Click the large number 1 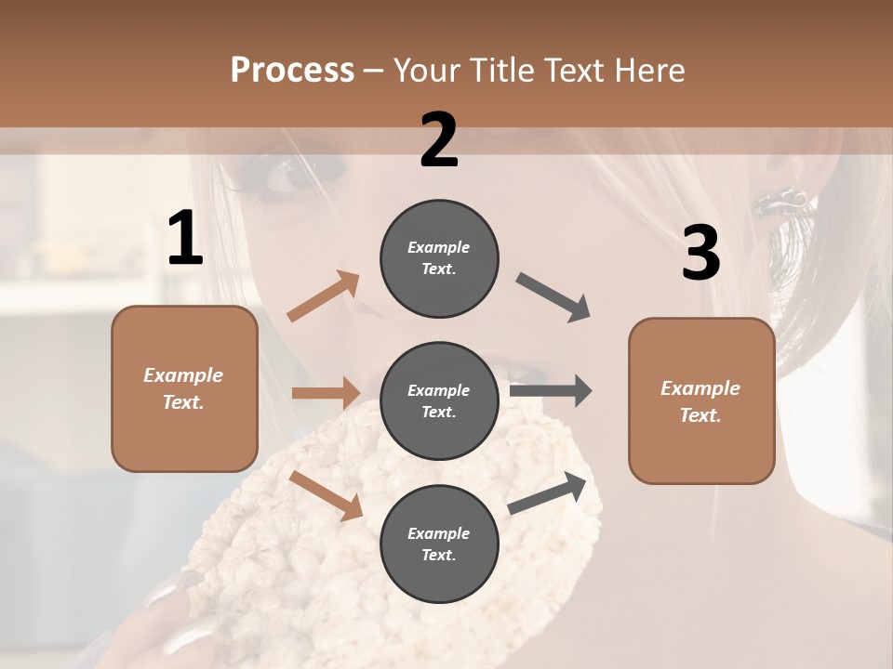[x=185, y=238]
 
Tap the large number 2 [x=439, y=140]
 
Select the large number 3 [x=700, y=254]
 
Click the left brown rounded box [x=184, y=388]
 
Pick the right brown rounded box [x=701, y=401]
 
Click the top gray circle [x=439, y=257]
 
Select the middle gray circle [x=439, y=400]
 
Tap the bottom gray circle [x=439, y=544]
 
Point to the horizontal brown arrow [x=326, y=393]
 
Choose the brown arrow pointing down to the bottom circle [x=327, y=495]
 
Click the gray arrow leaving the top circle [x=553, y=297]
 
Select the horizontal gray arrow [x=551, y=391]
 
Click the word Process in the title [x=292, y=70]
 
